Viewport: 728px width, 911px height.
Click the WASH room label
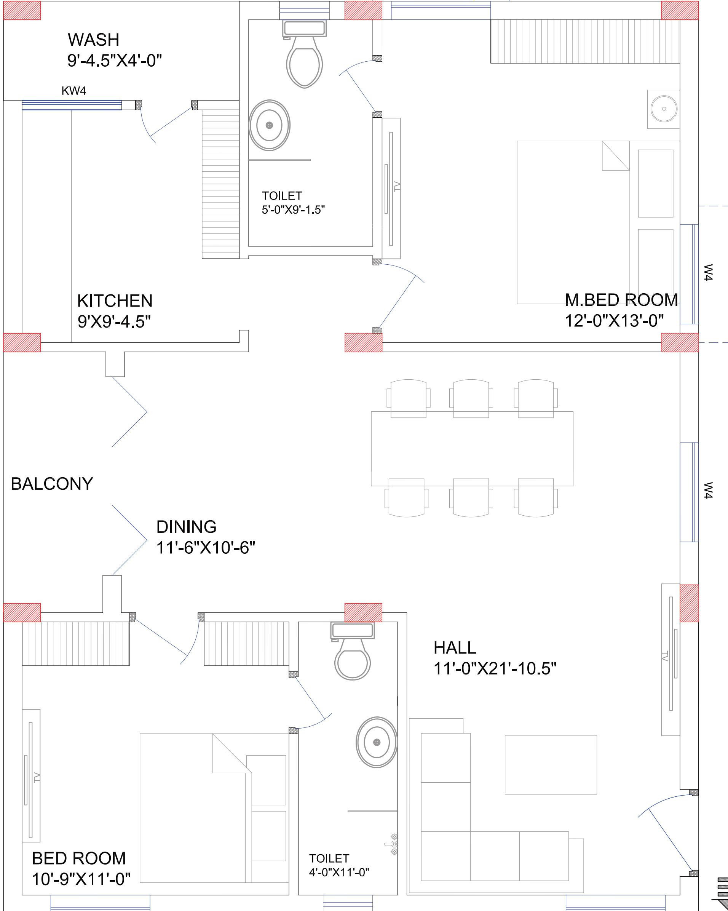click(x=93, y=40)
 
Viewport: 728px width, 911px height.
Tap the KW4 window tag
click(x=74, y=91)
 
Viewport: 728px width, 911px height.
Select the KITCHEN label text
click(x=115, y=301)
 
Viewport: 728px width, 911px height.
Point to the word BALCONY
click(x=51, y=484)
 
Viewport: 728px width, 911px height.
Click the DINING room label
click(x=186, y=527)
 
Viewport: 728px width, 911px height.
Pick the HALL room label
click(x=455, y=648)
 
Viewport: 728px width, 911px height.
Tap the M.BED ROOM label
click(x=621, y=300)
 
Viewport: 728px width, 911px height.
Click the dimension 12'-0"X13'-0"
click(x=614, y=321)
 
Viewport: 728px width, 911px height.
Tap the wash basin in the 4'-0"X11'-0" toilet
click(x=377, y=742)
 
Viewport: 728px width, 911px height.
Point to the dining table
click(x=472, y=448)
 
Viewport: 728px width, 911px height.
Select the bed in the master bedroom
click(x=573, y=222)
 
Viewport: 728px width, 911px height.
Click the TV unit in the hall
click(x=671, y=660)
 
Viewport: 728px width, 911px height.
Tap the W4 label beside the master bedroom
click(x=709, y=273)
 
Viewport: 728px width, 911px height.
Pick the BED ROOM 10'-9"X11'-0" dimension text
click(x=81, y=880)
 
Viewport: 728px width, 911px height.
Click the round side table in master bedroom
click(x=664, y=109)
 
